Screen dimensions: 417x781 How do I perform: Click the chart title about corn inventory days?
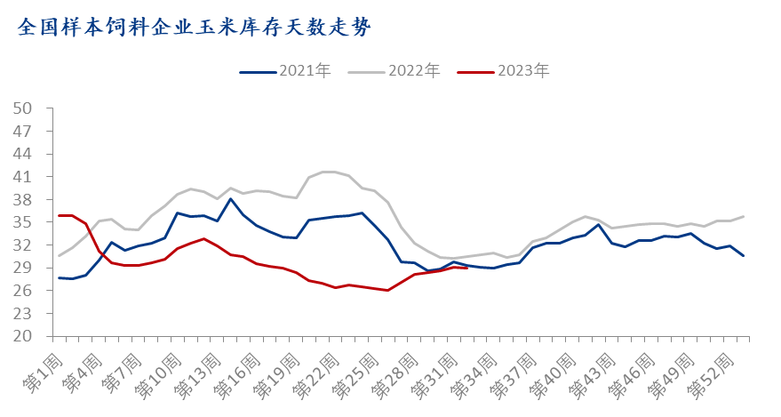coord(195,27)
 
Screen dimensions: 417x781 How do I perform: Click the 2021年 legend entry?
coord(284,71)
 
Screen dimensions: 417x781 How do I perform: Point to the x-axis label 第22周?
coord(313,373)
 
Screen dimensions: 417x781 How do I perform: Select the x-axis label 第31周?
coord(431,373)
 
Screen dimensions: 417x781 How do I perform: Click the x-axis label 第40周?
coord(549,373)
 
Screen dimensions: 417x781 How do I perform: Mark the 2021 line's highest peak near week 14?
coord(231,198)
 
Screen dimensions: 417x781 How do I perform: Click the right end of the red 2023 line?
coord(467,268)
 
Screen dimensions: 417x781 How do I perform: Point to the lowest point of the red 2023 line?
coord(388,290)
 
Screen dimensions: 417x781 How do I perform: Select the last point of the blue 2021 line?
coord(743,256)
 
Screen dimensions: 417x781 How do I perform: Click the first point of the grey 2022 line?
coord(60,255)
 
